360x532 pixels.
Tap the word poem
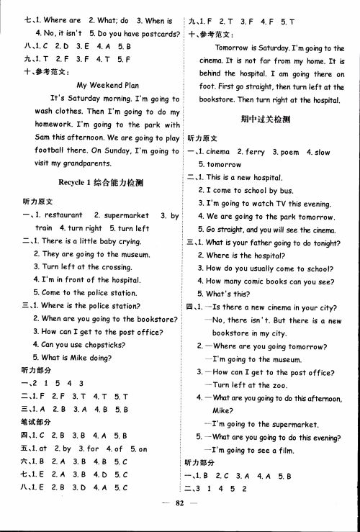coord(290,152)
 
